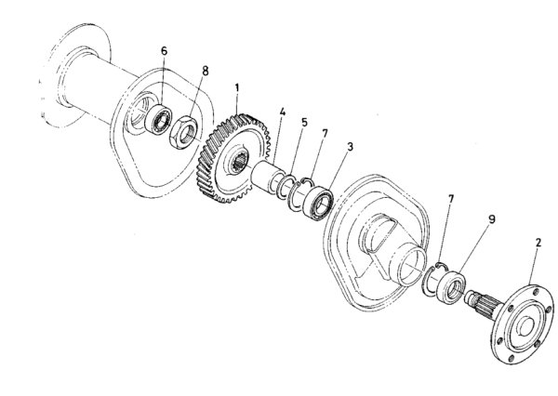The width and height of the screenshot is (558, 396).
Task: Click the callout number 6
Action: (164, 51)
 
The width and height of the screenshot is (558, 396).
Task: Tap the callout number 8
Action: (205, 71)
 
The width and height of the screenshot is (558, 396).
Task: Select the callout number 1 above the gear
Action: (236, 88)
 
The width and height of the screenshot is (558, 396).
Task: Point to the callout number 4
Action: (283, 112)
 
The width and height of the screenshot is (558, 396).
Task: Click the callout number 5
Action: (304, 123)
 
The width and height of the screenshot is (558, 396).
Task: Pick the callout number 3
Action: (351, 146)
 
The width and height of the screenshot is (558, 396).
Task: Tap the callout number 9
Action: (491, 218)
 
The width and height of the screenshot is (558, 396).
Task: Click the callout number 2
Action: (538, 243)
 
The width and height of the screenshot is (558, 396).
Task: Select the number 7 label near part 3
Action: (325, 134)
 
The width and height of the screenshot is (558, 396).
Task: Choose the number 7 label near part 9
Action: (451, 199)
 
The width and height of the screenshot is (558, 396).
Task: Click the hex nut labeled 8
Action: (183, 132)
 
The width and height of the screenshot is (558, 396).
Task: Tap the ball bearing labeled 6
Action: (158, 120)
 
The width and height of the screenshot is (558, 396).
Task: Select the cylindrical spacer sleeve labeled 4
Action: (268, 176)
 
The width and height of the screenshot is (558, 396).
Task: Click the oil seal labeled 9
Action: (451, 286)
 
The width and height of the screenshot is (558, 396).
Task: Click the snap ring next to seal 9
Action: (433, 279)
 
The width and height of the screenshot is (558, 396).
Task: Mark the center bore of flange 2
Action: (525, 326)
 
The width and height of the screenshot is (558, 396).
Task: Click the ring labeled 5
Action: (285, 186)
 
